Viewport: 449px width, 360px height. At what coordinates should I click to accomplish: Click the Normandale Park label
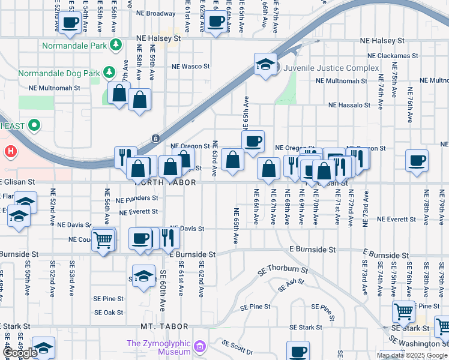(x=74, y=46)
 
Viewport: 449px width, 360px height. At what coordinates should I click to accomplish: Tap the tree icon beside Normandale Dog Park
(x=109, y=73)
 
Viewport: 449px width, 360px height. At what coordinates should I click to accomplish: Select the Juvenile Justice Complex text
(x=331, y=68)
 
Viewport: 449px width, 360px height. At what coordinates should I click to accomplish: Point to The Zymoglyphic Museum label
(x=158, y=347)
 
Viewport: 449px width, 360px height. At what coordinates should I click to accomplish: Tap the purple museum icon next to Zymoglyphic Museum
(x=200, y=347)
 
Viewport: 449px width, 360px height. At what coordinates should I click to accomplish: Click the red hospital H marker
(x=10, y=151)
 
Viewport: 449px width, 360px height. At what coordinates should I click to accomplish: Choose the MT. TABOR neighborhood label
(x=164, y=326)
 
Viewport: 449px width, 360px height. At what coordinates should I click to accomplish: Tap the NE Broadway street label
(x=156, y=13)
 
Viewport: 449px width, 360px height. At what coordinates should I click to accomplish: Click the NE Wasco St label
(x=190, y=67)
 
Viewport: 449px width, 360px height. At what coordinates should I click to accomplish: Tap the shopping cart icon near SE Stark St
(x=403, y=311)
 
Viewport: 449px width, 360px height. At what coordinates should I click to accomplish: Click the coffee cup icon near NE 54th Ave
(x=70, y=22)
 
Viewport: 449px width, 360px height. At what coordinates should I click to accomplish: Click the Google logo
(x=20, y=353)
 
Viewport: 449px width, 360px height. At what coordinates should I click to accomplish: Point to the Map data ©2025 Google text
(x=412, y=355)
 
